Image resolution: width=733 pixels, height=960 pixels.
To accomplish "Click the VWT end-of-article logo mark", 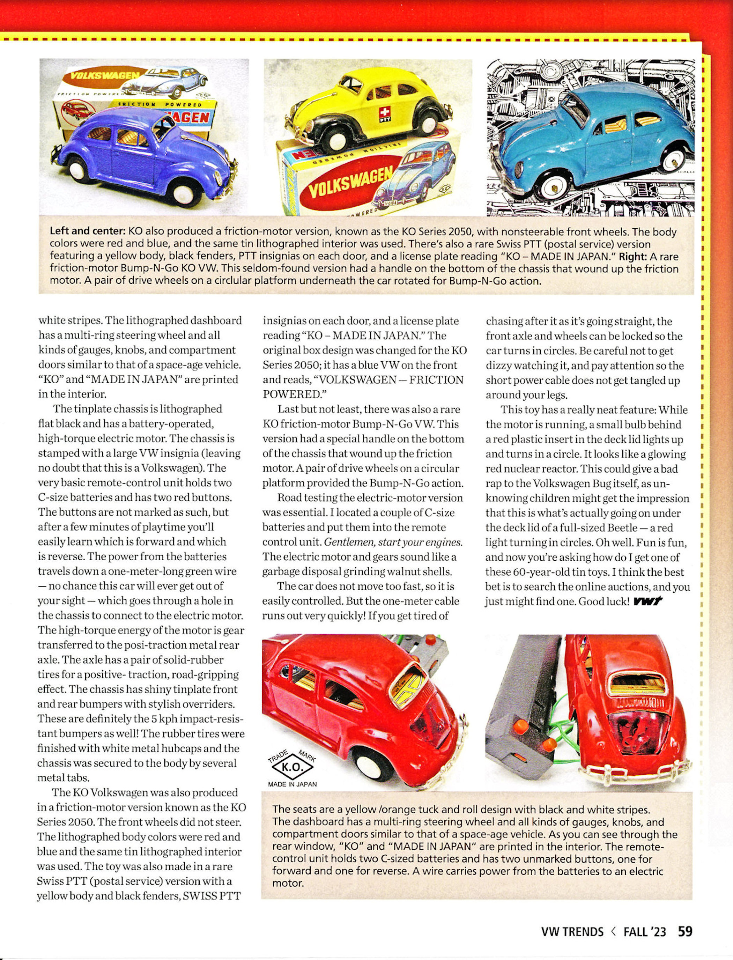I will [647, 601].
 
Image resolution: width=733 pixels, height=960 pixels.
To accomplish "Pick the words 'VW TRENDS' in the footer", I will [572, 930].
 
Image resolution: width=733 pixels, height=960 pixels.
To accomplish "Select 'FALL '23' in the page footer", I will [644, 930].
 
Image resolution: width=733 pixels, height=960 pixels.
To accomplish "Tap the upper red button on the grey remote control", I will [519, 726].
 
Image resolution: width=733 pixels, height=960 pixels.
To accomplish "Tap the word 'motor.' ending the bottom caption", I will [288, 883].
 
